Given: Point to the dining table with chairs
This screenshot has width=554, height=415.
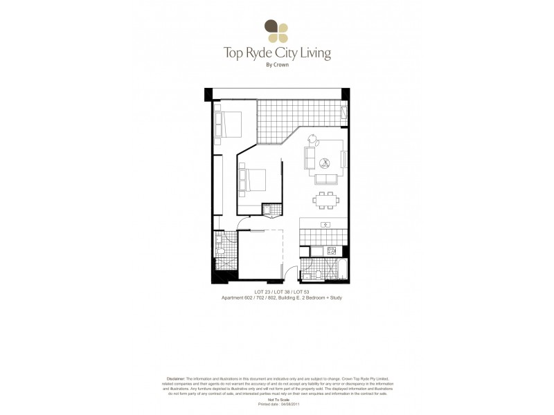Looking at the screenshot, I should click(x=325, y=201).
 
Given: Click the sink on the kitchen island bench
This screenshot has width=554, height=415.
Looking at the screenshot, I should click(x=325, y=224).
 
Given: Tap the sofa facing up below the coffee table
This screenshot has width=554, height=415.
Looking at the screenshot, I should click(x=325, y=179).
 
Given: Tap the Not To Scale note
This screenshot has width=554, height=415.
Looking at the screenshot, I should click(x=277, y=400).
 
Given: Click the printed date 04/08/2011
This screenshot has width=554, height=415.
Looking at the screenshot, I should click(x=287, y=404).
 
